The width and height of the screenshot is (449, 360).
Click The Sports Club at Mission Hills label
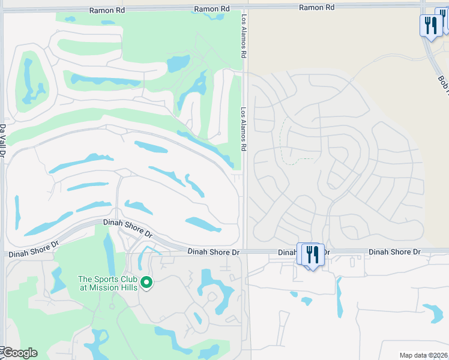[x=108, y=283]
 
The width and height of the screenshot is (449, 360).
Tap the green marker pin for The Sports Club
[x=145, y=281]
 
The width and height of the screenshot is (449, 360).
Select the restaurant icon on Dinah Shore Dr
[x=311, y=254]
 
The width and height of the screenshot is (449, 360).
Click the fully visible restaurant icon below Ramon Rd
[x=430, y=25]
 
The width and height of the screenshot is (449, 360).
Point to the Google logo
[x=19, y=353]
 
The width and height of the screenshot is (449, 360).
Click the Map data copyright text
[x=423, y=355]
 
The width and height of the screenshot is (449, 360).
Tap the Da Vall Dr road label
[x=3, y=142]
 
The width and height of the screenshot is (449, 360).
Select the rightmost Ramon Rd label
[x=317, y=7]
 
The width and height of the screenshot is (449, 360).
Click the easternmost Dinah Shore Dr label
[x=394, y=252]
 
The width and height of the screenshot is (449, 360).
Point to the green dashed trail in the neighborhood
[x=285, y=144]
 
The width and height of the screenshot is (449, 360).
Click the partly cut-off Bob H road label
[x=443, y=85]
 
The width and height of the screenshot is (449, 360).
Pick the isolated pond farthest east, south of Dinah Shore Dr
[x=433, y=312]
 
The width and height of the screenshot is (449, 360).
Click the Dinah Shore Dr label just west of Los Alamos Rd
[x=213, y=253]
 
